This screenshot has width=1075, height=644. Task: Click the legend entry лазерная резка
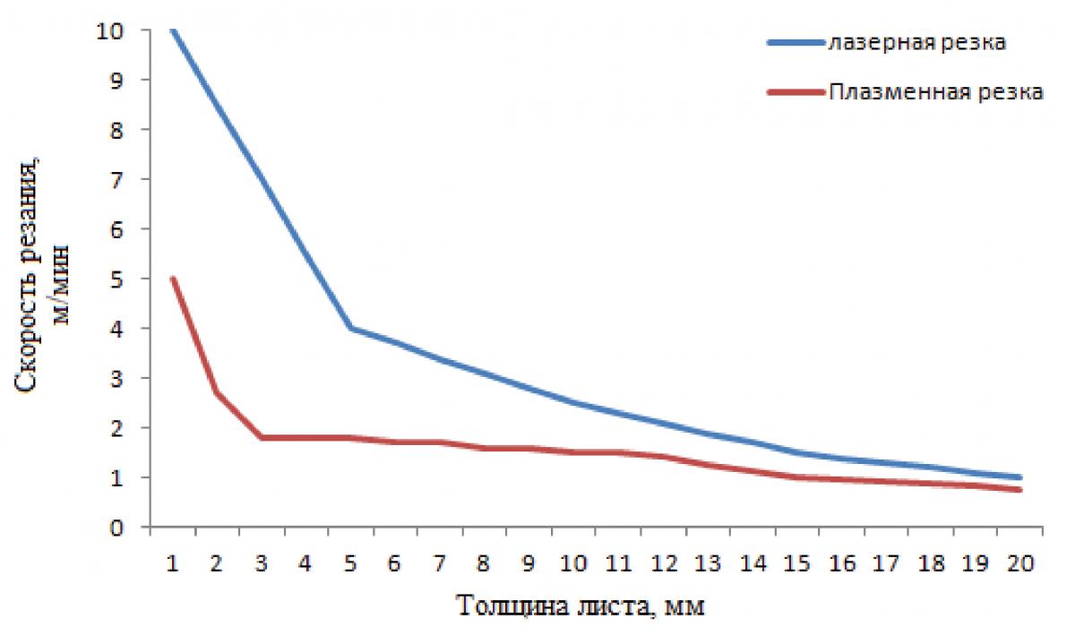(x=914, y=43)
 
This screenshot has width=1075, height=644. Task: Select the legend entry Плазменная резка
(x=935, y=92)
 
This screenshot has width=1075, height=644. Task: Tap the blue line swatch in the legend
(x=794, y=43)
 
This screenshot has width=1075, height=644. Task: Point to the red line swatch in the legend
(x=794, y=92)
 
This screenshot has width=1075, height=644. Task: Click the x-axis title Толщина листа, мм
(x=581, y=606)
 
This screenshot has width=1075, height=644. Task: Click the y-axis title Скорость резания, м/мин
(x=40, y=278)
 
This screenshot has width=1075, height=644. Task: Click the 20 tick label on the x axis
(x=1020, y=564)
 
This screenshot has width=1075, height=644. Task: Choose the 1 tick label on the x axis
(x=172, y=564)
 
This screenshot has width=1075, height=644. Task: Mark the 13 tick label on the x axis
(x=708, y=564)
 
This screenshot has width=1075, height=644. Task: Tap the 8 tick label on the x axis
(x=484, y=564)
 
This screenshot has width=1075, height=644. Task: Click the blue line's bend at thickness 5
(x=350, y=328)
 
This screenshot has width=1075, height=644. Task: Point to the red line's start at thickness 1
(x=172, y=279)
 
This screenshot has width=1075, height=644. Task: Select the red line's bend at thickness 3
(x=262, y=437)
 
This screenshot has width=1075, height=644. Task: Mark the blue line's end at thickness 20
(x=1020, y=477)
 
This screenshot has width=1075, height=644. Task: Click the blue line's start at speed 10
(x=172, y=30)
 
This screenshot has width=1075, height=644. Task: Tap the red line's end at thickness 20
(x=1020, y=490)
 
